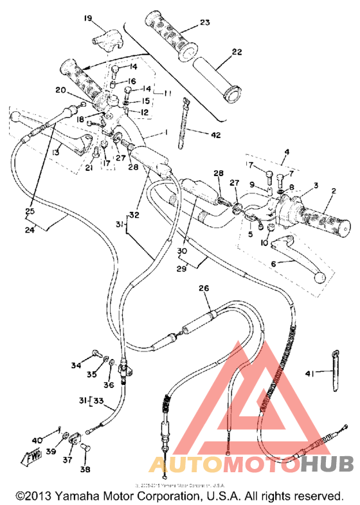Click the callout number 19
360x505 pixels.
[87, 18]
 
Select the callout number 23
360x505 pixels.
[205, 22]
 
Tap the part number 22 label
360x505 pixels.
[237, 52]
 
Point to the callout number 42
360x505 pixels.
[215, 134]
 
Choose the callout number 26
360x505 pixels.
[204, 288]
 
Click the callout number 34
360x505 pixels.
[76, 366]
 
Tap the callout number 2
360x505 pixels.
[334, 191]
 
